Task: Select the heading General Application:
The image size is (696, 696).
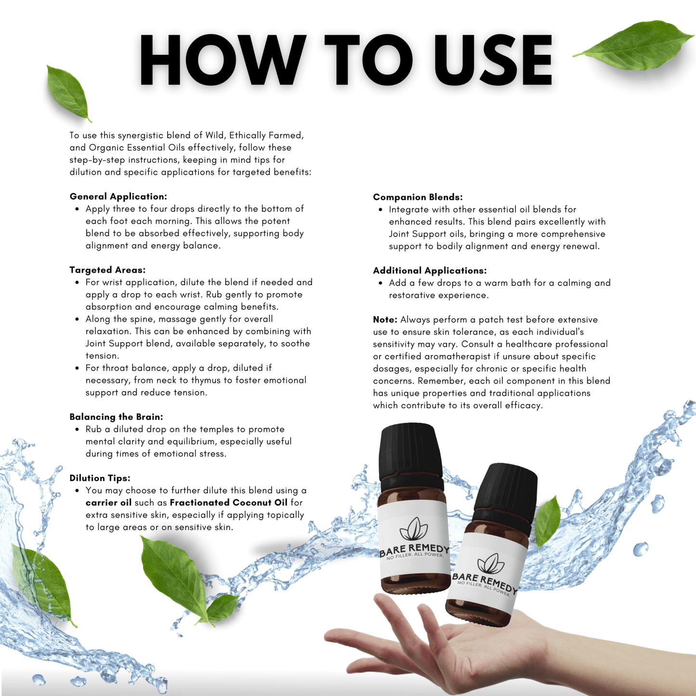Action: pos(118,197)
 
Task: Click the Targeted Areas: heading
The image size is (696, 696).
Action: pos(107,270)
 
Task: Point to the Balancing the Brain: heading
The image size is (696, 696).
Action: pos(116,417)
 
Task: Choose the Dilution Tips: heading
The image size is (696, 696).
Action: pos(100,478)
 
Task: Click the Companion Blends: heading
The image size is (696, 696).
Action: pos(418,197)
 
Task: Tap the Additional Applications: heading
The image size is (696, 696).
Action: pos(430,271)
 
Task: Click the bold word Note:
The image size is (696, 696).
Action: pos(385,320)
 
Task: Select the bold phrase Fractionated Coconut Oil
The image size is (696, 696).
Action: pos(229,502)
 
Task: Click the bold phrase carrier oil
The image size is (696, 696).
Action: pos(108,502)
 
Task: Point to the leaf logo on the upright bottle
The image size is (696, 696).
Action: pos(414,530)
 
